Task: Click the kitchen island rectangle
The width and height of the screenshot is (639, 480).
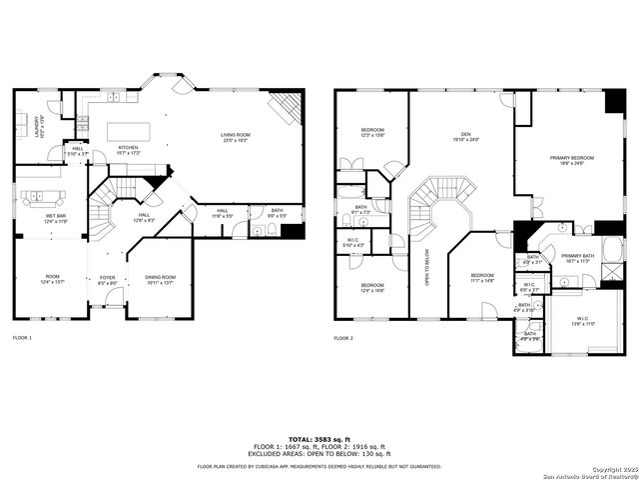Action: [x=129, y=131]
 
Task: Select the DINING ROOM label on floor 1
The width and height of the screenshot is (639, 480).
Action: [x=160, y=279]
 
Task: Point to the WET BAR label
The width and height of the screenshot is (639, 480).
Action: [x=54, y=218]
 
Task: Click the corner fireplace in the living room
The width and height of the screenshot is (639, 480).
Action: [x=287, y=106]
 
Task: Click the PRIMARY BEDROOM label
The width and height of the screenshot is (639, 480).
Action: [x=570, y=159]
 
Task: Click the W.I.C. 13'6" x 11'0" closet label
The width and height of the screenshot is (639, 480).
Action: [x=583, y=322]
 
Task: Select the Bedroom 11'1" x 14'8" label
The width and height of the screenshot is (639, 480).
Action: [x=482, y=277]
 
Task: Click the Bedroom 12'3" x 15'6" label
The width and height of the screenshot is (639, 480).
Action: [x=372, y=132]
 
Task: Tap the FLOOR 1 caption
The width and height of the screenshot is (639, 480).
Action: [x=22, y=338]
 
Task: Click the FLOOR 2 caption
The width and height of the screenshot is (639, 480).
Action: [x=343, y=338]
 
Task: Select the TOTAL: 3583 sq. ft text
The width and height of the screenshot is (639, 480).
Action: [x=319, y=439]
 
